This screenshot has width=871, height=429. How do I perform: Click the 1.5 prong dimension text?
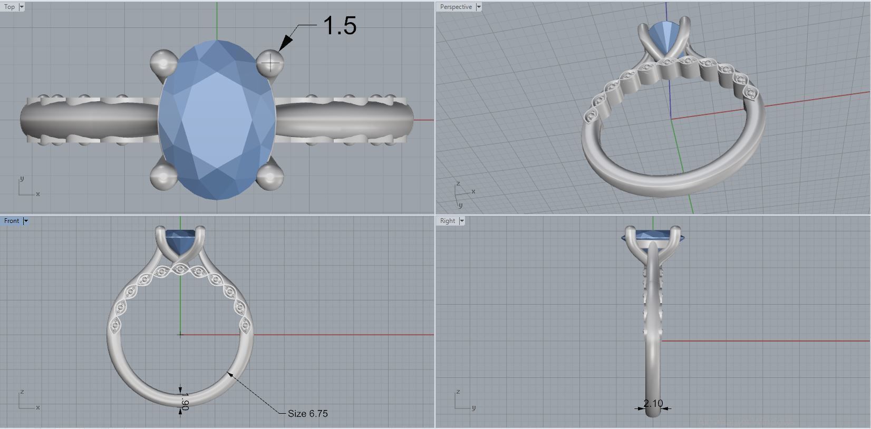[340, 25]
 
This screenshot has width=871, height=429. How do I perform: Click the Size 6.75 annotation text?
[307, 414]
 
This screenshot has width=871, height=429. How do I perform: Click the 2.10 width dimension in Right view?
[653, 403]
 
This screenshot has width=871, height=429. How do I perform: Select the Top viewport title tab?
[9, 7]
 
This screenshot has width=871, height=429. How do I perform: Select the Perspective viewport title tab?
[456, 7]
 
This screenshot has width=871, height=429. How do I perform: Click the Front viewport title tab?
[12, 221]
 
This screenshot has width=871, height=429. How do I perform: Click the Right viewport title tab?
[447, 221]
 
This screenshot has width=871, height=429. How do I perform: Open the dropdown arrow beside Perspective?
[479, 7]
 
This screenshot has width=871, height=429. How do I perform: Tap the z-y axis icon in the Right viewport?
[462, 401]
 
